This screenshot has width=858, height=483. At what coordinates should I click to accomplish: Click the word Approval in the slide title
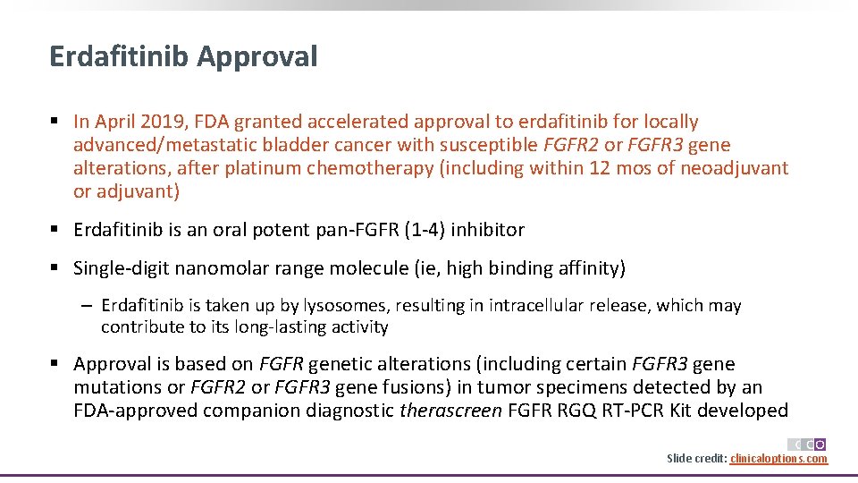click(x=257, y=57)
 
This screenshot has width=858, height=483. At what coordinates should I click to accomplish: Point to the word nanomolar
click(x=227, y=268)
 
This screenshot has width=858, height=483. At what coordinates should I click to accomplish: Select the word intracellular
click(x=543, y=306)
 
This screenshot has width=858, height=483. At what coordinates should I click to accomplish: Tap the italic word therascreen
click(x=450, y=411)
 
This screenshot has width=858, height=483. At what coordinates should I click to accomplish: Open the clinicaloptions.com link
click(x=778, y=459)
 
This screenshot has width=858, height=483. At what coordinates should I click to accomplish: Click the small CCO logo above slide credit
click(x=806, y=445)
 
